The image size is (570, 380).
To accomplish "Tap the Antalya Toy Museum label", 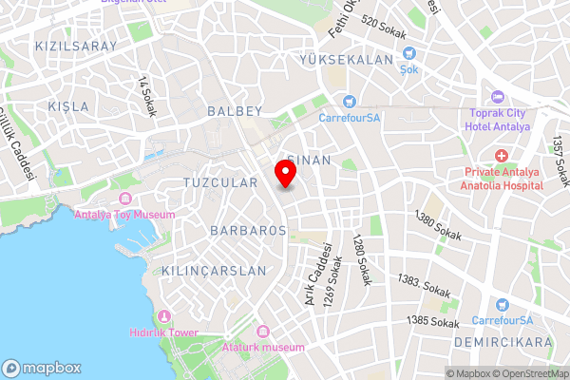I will click(124, 215).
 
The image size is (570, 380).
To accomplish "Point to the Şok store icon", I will click(408, 55).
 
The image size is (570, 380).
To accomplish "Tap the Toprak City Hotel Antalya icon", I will click(498, 98).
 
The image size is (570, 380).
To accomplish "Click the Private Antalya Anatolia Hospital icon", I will click(501, 155).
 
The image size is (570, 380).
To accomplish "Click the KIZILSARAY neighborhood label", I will click(75, 46).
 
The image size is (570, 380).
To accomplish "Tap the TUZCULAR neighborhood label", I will click(219, 182).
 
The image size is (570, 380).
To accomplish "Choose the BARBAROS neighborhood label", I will click(248, 231).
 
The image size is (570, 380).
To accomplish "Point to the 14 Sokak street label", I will click(146, 96).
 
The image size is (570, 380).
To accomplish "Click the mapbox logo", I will click(42, 368).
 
